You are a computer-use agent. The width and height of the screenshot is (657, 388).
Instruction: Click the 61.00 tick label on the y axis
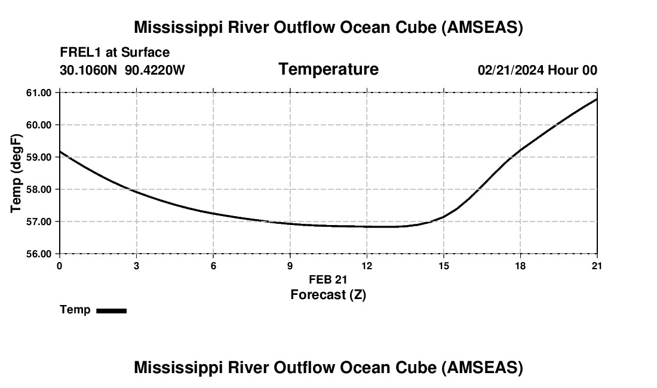[x=39, y=93]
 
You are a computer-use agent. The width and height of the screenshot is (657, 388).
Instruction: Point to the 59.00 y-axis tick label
[x=39, y=157]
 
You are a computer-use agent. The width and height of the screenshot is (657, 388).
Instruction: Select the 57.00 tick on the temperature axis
[x=39, y=221]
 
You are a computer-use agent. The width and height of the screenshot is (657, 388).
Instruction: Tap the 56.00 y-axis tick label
[x=39, y=254]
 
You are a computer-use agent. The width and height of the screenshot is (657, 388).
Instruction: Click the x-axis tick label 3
[x=137, y=266]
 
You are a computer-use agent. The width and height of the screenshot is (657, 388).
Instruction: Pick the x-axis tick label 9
[x=290, y=266]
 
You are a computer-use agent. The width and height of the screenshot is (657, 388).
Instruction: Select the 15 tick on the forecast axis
[x=443, y=266]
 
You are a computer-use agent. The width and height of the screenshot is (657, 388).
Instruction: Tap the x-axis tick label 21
[x=597, y=266]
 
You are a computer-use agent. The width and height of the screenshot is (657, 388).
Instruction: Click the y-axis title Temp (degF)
[x=16, y=173]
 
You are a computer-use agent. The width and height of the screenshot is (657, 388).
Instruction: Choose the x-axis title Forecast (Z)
[x=328, y=294]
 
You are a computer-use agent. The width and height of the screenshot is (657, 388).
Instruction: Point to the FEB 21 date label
[x=328, y=279]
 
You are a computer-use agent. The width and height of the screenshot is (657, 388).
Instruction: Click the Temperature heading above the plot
[x=328, y=69]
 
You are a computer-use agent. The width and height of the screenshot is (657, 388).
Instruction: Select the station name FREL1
[x=81, y=53]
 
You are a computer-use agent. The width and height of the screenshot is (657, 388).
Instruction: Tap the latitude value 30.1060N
[x=89, y=70]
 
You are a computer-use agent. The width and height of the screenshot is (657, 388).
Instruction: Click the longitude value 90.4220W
[x=155, y=70]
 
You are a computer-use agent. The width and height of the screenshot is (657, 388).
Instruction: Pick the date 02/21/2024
[x=511, y=70]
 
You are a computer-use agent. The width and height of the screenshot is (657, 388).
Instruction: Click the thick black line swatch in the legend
[x=111, y=310]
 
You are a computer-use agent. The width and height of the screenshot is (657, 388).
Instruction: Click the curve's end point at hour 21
[x=597, y=99]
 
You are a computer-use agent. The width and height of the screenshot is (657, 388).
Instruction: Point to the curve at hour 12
[x=367, y=226]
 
